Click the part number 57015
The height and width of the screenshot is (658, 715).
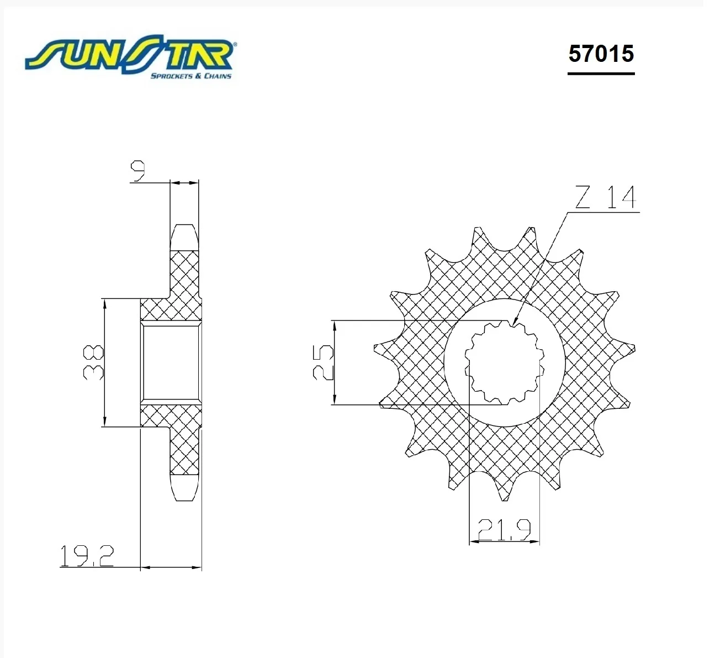click(x=601, y=54)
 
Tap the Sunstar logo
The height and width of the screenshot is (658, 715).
click(x=130, y=56)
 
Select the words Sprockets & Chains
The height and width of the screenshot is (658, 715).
click(x=191, y=76)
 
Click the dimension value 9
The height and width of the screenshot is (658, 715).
click(x=138, y=171)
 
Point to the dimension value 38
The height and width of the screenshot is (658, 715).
click(x=93, y=362)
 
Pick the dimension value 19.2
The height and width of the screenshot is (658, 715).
click(x=87, y=556)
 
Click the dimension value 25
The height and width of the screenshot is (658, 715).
click(x=323, y=362)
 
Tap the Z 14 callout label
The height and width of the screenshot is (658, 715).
click(x=606, y=197)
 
